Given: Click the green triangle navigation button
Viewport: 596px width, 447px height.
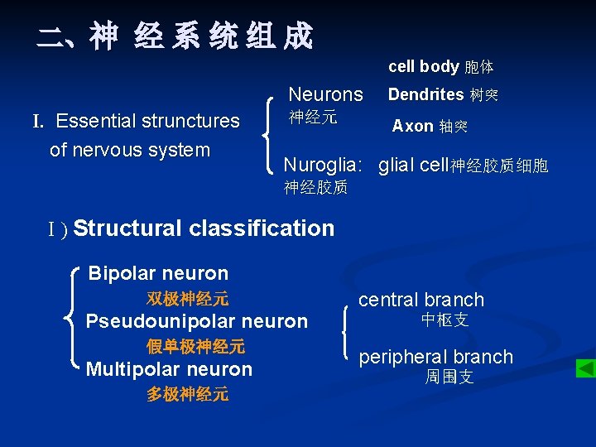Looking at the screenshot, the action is (x=585, y=368).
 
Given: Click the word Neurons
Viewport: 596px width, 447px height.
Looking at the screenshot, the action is (x=325, y=94).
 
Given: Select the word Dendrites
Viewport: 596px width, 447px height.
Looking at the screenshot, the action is (x=425, y=94).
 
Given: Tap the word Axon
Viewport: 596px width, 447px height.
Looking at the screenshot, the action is (x=412, y=126).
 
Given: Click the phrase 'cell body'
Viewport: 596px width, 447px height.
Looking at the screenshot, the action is (x=423, y=66).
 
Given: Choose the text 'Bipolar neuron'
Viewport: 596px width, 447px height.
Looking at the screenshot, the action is (x=158, y=273).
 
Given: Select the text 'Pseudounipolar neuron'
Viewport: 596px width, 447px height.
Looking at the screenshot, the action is (x=197, y=321).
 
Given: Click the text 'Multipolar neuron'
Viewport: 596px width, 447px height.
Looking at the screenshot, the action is (x=169, y=369).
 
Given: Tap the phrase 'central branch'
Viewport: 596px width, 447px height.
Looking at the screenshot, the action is (x=421, y=300).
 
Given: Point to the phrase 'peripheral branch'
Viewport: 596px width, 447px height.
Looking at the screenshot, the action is (x=435, y=357).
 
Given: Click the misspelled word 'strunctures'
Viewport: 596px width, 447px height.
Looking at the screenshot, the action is (x=190, y=121).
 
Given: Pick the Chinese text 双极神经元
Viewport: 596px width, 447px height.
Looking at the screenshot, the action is (x=188, y=298).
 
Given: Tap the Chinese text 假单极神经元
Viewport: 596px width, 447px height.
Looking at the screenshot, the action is (x=195, y=346).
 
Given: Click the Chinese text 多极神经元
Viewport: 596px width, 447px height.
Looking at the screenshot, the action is (x=188, y=394).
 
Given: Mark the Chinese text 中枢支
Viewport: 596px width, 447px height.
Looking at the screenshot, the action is (x=445, y=320).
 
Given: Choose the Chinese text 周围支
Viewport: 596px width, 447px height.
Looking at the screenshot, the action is (x=449, y=377).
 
